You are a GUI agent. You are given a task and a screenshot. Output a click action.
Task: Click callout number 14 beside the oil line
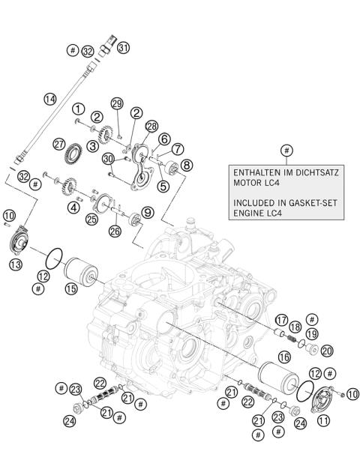(49, 98)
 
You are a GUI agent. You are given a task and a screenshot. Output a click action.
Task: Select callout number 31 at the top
(123, 47)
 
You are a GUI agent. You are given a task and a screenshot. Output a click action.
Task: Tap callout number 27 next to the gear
(60, 144)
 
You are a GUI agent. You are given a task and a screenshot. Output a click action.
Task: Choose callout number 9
(148, 213)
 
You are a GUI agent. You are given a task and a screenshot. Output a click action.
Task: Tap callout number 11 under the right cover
(324, 421)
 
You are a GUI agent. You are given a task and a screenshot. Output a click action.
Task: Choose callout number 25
(91, 220)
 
